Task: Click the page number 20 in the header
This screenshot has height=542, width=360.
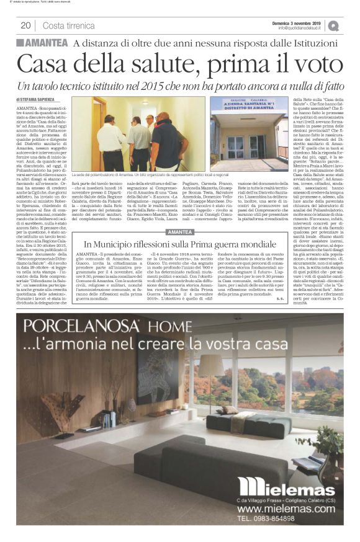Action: click(26, 25)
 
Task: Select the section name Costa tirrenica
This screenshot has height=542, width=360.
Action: click(67, 25)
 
